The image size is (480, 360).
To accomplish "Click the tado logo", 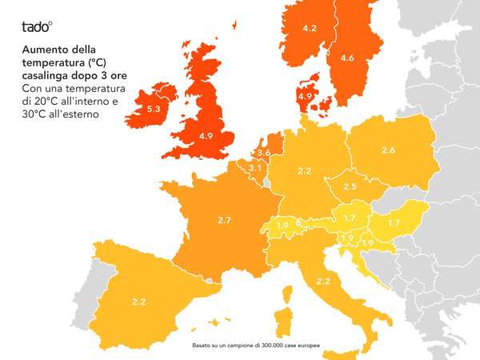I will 37,26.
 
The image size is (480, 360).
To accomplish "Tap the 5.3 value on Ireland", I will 154,108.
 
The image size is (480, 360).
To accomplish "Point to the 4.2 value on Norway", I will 310,29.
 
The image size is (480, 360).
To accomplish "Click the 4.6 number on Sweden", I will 346,58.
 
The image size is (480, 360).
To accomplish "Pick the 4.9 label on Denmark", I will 304,97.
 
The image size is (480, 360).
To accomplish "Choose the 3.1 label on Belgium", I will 254,168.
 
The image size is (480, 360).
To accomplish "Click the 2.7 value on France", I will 224,218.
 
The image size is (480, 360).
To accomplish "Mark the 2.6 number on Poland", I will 388,150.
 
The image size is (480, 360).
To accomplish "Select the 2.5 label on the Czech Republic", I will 350,186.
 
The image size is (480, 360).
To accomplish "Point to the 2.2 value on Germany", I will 304,171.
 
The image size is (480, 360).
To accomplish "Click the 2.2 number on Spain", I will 138,302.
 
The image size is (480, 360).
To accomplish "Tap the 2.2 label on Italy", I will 323,281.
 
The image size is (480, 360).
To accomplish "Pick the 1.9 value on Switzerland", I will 282,226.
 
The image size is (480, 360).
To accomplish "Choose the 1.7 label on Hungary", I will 394,223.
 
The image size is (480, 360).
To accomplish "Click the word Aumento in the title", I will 45,50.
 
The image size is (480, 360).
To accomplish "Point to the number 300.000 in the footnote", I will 275,345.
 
